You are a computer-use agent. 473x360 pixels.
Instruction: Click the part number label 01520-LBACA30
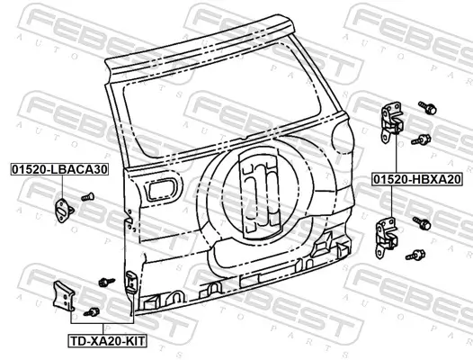[59, 169]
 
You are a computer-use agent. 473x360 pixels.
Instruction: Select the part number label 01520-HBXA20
[417, 180]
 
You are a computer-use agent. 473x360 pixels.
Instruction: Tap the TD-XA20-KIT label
[107, 341]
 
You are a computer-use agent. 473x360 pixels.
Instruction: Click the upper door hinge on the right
[391, 122]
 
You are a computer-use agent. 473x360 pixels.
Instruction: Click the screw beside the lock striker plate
[88, 197]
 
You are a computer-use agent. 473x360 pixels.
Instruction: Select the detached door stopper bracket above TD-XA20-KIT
[63, 296]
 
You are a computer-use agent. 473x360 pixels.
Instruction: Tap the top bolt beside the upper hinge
[427, 107]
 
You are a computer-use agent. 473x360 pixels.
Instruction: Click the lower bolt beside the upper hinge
[421, 139]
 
